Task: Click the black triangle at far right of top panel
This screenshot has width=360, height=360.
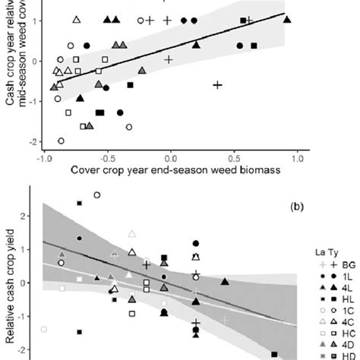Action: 287,20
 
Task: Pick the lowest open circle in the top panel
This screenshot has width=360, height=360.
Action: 62,141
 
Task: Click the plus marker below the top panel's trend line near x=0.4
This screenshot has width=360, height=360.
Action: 217,85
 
